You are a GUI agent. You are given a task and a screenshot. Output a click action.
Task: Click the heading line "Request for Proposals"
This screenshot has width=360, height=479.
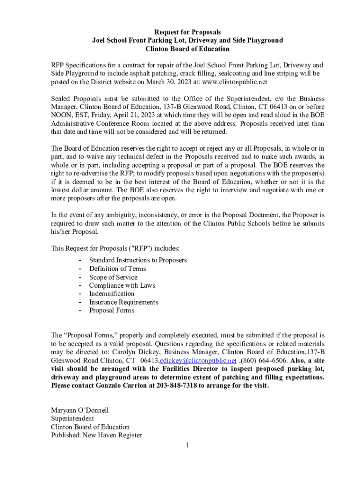[x=187, y=32]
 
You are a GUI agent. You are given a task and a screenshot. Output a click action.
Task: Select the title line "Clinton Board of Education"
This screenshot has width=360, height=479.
[x=187, y=49]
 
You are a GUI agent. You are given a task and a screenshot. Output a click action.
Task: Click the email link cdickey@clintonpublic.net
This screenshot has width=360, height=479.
[x=198, y=361]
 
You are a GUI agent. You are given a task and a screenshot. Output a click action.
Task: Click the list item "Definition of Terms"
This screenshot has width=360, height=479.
[x=117, y=269]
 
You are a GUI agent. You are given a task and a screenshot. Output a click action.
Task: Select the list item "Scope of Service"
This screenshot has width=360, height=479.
[x=113, y=277]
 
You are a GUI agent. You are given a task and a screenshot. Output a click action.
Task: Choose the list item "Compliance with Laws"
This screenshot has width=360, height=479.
[x=122, y=285]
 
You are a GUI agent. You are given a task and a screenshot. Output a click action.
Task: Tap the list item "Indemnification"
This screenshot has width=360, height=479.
[x=112, y=294]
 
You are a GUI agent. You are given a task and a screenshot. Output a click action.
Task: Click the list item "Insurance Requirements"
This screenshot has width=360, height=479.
[x=123, y=302]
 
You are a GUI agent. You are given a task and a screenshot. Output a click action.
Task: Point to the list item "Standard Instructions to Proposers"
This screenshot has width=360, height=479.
[x=138, y=260]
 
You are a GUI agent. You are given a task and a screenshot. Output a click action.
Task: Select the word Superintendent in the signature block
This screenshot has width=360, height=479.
[x=72, y=419]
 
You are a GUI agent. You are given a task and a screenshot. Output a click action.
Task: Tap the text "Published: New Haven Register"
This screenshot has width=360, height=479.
[x=96, y=435]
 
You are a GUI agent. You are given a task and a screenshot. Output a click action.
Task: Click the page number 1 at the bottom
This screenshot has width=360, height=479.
[x=187, y=445]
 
